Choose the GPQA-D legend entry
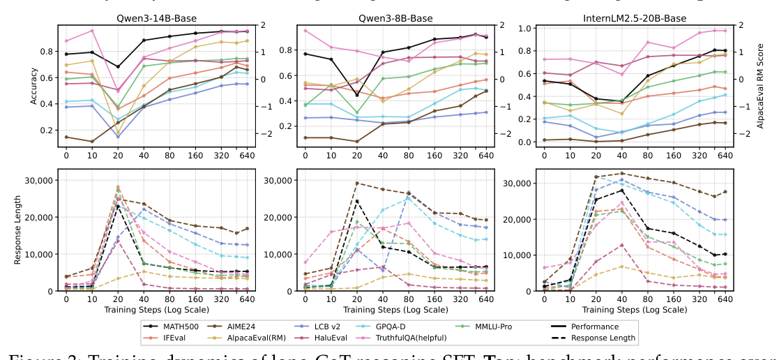[468, 326]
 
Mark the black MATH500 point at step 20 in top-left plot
[118, 67]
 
